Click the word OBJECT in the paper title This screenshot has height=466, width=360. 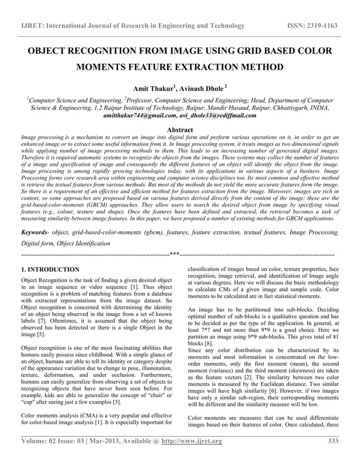(x=50, y=52)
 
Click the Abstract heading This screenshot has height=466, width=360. (x=180, y=129)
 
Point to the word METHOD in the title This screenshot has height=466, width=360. (x=259, y=69)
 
